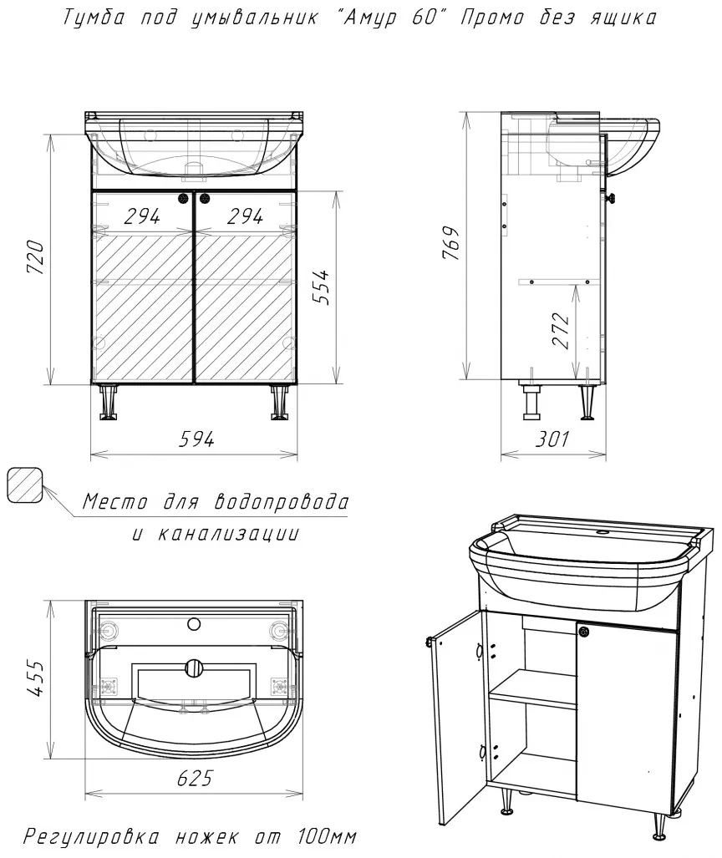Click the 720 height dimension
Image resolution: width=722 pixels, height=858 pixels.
36,256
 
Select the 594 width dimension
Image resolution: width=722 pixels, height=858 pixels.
196,439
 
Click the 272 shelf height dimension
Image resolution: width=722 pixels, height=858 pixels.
561,330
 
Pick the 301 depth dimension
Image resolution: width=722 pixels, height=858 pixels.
552,439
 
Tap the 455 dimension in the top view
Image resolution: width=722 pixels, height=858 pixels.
36,678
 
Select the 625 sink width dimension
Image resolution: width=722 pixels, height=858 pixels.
195,778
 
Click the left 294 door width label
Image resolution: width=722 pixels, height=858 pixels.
142,216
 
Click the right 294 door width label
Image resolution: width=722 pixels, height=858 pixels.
245,216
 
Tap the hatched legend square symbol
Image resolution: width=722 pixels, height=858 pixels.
24,485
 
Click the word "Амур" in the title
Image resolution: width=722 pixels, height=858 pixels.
364,18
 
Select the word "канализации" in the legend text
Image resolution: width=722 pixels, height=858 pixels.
229,534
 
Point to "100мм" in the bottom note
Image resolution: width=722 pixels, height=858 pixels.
328,836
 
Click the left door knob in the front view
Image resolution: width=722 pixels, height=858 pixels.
183,199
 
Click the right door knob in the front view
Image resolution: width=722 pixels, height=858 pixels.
206,199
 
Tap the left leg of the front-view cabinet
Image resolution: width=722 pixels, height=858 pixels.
109,402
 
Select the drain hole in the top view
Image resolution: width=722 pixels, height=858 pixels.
194,668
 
